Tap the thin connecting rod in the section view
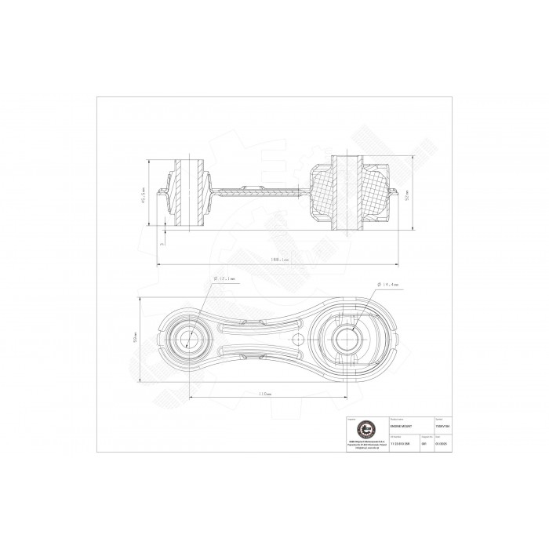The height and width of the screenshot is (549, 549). (259, 191)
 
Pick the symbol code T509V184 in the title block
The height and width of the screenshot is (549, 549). (442, 425)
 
